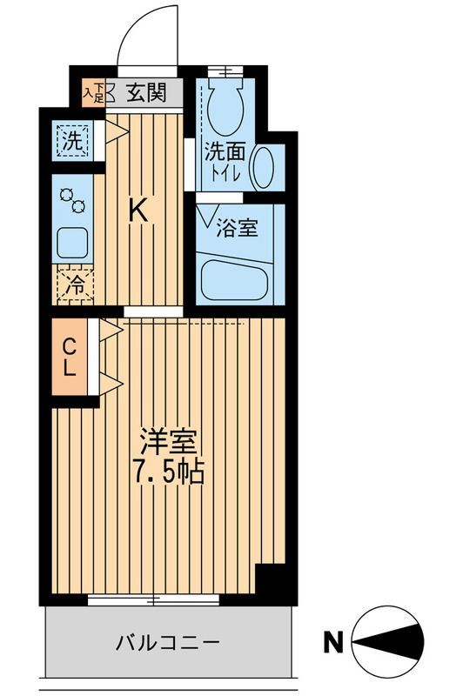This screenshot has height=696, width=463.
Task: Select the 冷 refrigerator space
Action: (x=75, y=284)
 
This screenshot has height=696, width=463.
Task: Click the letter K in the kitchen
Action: (x=138, y=210)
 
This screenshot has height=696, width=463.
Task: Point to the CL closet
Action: (x=70, y=357)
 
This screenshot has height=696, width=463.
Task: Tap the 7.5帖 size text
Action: (x=167, y=472)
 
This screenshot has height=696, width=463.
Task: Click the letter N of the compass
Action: (x=332, y=644)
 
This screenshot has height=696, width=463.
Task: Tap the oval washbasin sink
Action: (x=264, y=165)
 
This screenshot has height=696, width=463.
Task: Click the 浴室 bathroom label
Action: (x=237, y=229)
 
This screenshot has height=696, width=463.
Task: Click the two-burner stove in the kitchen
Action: (x=71, y=202)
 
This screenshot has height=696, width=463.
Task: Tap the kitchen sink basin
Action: (x=70, y=242)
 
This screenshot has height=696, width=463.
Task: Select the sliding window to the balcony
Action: (x=155, y=599)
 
